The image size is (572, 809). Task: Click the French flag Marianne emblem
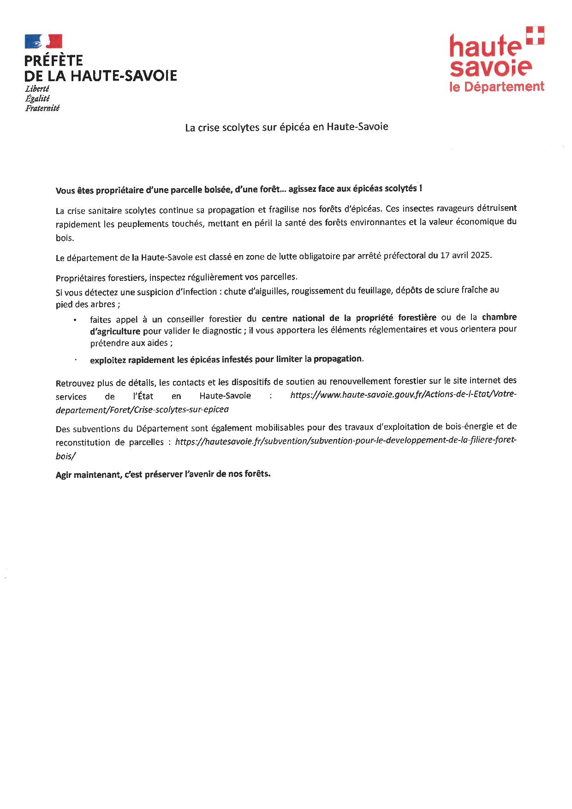[x=43, y=41]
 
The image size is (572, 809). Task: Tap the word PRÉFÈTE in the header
[x=54, y=60]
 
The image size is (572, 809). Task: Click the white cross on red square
[x=535, y=36]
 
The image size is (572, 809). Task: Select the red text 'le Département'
[x=497, y=86]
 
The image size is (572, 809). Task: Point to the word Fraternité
[x=42, y=108]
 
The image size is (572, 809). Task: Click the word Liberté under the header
[x=37, y=89]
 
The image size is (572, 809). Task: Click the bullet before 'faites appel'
[x=75, y=319]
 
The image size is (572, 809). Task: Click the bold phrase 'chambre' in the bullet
[x=499, y=317]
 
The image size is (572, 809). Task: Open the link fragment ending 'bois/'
[x=66, y=455]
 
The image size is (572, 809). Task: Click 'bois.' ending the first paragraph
[x=65, y=238]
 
